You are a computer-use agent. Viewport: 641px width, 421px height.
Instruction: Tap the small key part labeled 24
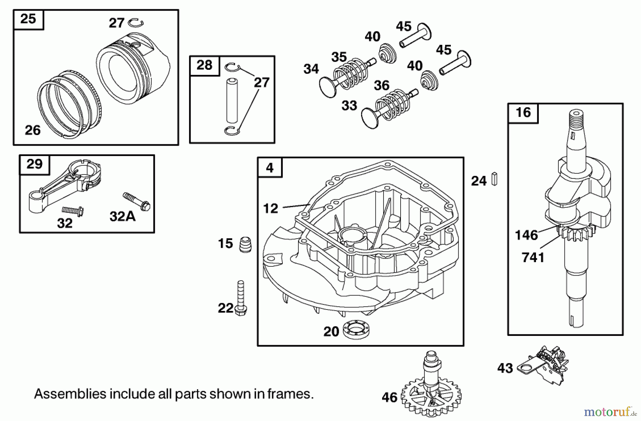tap(494, 179)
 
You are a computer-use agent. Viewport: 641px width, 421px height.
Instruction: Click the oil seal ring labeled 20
tap(356, 329)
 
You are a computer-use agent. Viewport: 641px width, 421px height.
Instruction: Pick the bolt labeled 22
tap(241, 297)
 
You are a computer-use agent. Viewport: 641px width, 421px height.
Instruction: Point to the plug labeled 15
tap(245, 245)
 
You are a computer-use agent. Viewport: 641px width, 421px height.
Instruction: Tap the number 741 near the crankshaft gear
tap(533, 258)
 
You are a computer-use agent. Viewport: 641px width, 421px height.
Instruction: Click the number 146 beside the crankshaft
tap(526, 235)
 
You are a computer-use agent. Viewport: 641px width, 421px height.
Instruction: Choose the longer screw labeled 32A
tap(137, 201)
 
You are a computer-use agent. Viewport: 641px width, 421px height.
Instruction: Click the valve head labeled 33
tap(370, 118)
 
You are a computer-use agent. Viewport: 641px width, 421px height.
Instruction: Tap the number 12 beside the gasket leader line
tap(270, 208)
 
